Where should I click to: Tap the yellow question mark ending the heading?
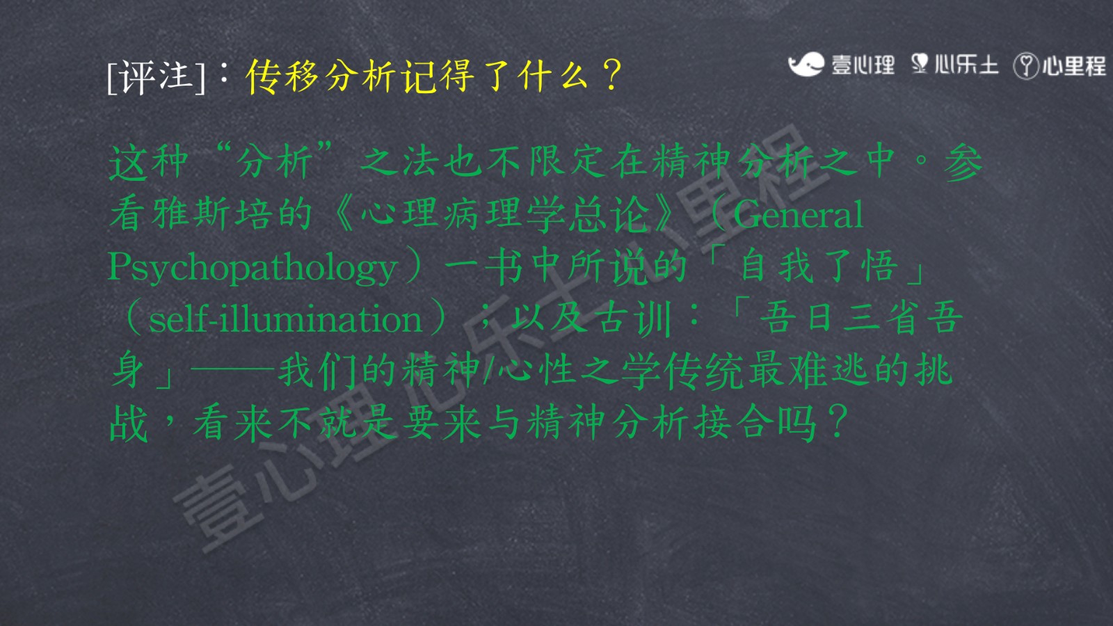coord(611,75)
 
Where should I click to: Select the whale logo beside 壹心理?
coord(806,64)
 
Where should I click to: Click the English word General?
coord(798,214)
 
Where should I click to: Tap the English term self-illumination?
coord(285,319)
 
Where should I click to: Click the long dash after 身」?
coord(232,370)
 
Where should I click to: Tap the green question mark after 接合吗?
coord(838,422)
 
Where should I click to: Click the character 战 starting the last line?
coord(128,423)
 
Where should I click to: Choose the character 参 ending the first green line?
coord(963,161)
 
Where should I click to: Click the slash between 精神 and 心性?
coord(488,370)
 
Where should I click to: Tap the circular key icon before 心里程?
coord(1026,66)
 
